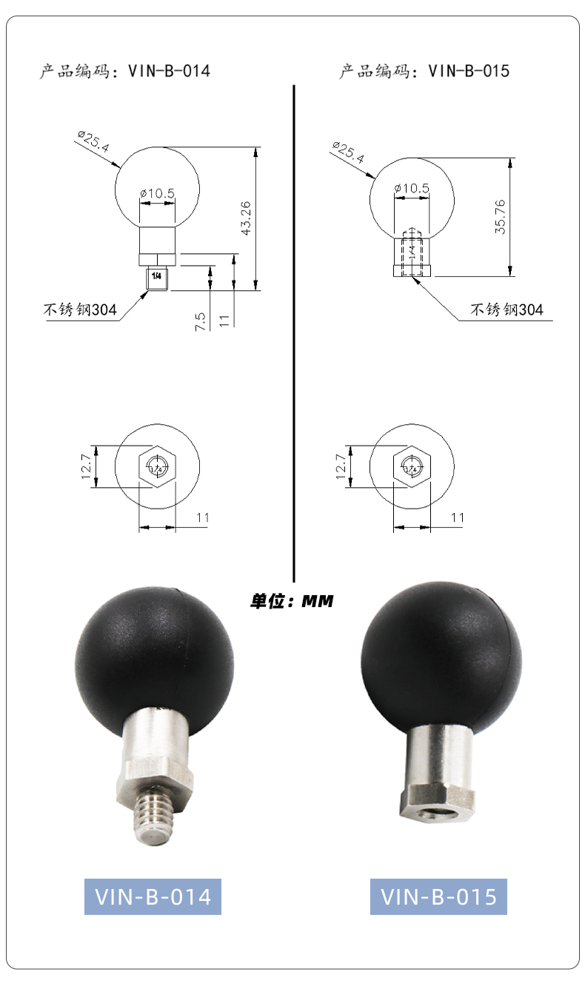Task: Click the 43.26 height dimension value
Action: (247, 218)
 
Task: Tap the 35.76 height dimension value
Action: (500, 217)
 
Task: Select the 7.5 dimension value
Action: (200, 322)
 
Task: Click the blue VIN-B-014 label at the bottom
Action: (153, 896)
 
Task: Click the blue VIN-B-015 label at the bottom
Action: (438, 896)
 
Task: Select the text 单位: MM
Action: (292, 601)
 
